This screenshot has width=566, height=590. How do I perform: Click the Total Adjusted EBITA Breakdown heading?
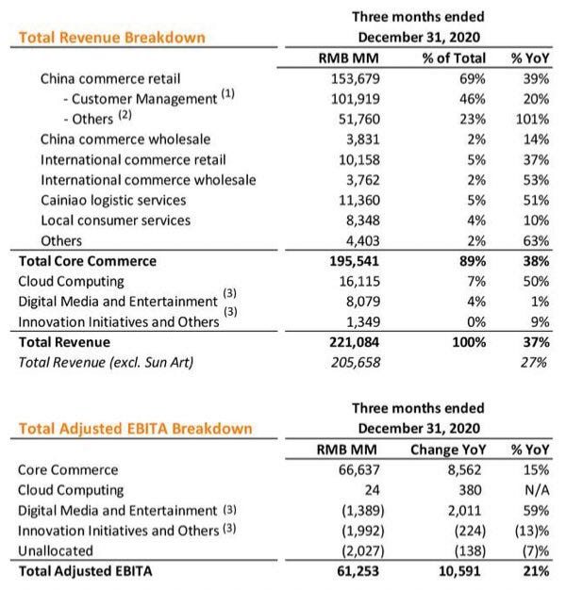tap(135, 429)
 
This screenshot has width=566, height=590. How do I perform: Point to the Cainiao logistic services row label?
tap(112, 200)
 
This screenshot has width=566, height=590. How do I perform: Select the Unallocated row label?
tap(56, 550)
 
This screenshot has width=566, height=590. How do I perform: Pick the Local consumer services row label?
tap(115, 221)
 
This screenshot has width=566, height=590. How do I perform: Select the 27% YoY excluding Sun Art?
tap(534, 362)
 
